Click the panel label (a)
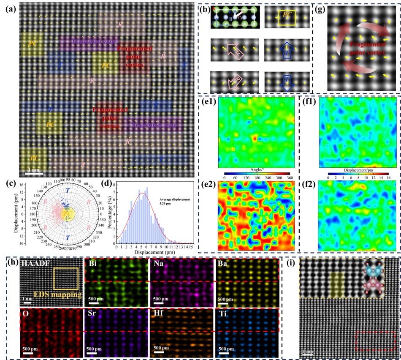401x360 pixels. (9, 8)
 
